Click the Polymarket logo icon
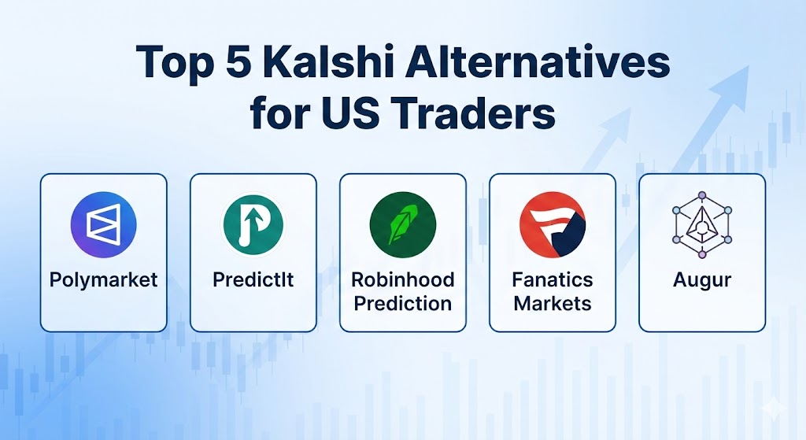pyautogui.click(x=103, y=225)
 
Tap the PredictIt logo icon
pyautogui.click(x=253, y=225)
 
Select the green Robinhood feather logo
pyautogui.click(x=402, y=225)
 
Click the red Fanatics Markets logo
pyautogui.click(x=552, y=225)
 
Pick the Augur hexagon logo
pyautogui.click(x=701, y=225)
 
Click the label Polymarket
pyautogui.click(x=103, y=279)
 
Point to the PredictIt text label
pyautogui.click(x=253, y=279)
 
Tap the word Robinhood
pyautogui.click(x=402, y=279)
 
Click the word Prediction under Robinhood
pyautogui.click(x=402, y=303)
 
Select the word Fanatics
pyautogui.click(x=552, y=279)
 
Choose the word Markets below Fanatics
pyautogui.click(x=552, y=303)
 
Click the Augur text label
pyautogui.click(x=701, y=279)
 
